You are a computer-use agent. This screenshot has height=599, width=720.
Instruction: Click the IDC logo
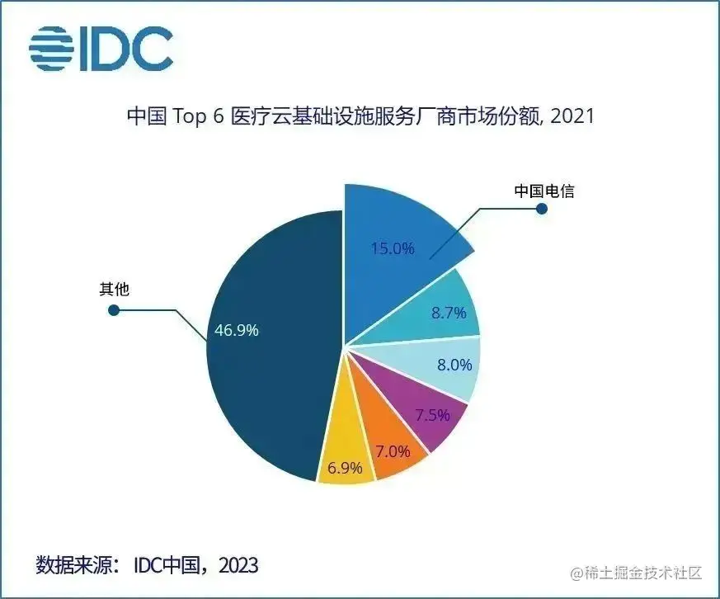point(101,47)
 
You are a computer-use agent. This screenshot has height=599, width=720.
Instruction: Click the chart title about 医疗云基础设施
point(360,116)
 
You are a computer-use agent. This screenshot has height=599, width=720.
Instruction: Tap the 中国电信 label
point(544,191)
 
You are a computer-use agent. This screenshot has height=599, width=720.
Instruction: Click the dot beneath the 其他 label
point(115,311)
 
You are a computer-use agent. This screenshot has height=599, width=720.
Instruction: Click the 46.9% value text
point(237,330)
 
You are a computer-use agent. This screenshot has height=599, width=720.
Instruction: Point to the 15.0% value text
point(393,247)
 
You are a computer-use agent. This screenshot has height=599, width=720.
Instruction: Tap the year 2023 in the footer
point(239,565)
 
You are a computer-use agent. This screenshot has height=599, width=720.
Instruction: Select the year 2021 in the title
point(572,116)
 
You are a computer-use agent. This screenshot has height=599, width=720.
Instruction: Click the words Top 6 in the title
point(200,116)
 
